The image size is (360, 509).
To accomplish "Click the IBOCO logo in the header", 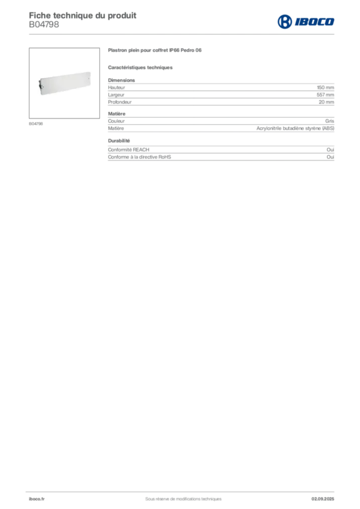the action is click(306, 22).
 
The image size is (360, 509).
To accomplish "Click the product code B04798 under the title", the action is click(44, 25).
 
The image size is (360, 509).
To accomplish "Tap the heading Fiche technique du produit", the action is click(83, 15).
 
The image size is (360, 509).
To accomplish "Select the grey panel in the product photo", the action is click(65, 83).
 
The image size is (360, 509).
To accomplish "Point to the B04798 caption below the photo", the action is click(36, 124).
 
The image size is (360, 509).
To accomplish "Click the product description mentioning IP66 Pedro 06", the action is click(155, 50).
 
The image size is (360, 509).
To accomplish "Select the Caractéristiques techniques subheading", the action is click(140, 68).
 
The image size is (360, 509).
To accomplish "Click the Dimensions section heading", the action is click(121, 80).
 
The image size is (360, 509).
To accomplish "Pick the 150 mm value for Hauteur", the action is click(325, 87).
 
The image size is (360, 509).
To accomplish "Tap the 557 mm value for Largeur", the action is click(325, 95).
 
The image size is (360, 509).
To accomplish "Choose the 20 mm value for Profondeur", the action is click(326, 102).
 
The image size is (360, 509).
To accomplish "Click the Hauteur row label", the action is click(116, 87).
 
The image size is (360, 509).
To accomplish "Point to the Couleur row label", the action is click(116, 121).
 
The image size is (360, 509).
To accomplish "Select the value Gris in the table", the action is click(330, 121).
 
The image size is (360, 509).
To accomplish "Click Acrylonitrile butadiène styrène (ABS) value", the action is click(295, 128).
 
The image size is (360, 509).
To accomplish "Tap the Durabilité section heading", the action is click(119, 141).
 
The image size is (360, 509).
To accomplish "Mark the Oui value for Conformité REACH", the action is click(330, 150).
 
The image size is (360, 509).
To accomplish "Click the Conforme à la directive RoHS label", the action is click(140, 157).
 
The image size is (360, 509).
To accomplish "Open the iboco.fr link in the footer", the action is click(37, 499).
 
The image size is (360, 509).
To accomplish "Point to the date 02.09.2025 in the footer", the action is click(323, 499).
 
